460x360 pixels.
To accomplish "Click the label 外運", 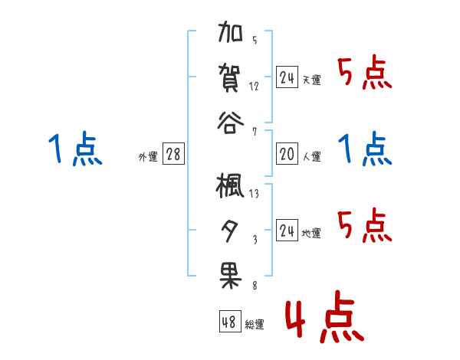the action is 148,157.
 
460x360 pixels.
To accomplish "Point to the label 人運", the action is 312,157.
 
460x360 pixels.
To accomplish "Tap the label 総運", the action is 255,324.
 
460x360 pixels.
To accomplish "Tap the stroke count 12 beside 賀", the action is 254,86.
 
